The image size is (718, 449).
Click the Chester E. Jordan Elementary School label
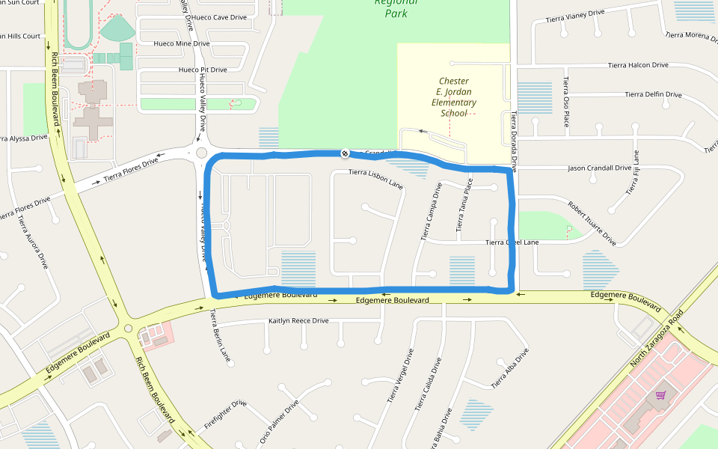pos(454,97)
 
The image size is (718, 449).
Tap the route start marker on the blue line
pos(345,153)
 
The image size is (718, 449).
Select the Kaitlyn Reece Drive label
pos(298,321)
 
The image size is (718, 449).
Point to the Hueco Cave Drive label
pos(219,17)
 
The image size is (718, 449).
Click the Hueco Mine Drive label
pos(182,43)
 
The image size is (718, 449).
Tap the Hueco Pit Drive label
pos(202,70)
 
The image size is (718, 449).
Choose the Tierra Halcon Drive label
pos(638,65)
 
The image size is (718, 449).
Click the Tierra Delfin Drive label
pos(654,94)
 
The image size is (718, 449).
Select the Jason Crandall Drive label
pos(600,168)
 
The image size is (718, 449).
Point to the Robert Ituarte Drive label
pos(592,223)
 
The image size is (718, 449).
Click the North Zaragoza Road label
pos(657,338)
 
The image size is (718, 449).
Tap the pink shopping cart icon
pos(660,394)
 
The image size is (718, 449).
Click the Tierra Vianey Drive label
pos(574,16)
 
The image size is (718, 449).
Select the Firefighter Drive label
pos(225,415)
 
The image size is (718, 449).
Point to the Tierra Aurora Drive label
pos(34,242)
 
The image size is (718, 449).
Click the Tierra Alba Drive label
pos(510,367)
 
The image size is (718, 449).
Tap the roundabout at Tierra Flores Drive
pos(201,153)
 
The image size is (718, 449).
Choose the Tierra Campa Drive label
pos(431,211)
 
